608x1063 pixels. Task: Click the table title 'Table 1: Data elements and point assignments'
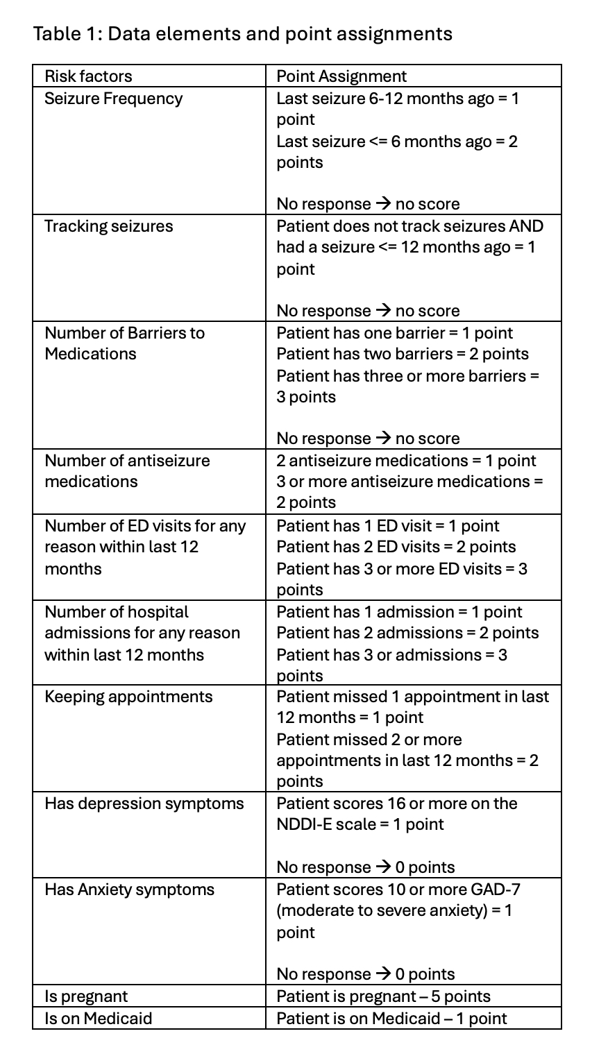pyautogui.click(x=243, y=33)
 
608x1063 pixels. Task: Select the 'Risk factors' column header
pyautogui.click(x=88, y=76)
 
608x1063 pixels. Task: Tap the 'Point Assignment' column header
pyautogui.click(x=341, y=76)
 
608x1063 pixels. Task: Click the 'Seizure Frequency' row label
pyautogui.click(x=113, y=99)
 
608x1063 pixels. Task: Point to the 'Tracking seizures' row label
pyautogui.click(x=108, y=226)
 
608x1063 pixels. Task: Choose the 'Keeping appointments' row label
pyautogui.click(x=128, y=697)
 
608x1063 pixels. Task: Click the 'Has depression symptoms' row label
pyautogui.click(x=144, y=803)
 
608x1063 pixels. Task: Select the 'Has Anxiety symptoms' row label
pyautogui.click(x=130, y=890)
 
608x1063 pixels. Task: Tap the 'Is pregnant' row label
pyautogui.click(x=86, y=996)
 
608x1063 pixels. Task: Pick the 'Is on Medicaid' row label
pyautogui.click(x=98, y=1019)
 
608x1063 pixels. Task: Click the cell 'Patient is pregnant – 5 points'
pyautogui.click(x=383, y=996)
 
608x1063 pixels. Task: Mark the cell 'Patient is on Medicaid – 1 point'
pyautogui.click(x=391, y=1019)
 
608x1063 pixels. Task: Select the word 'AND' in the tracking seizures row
pyautogui.click(x=527, y=226)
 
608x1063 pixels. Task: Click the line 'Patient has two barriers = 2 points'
pyautogui.click(x=403, y=354)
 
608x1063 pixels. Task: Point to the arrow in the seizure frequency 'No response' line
pyautogui.click(x=383, y=204)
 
